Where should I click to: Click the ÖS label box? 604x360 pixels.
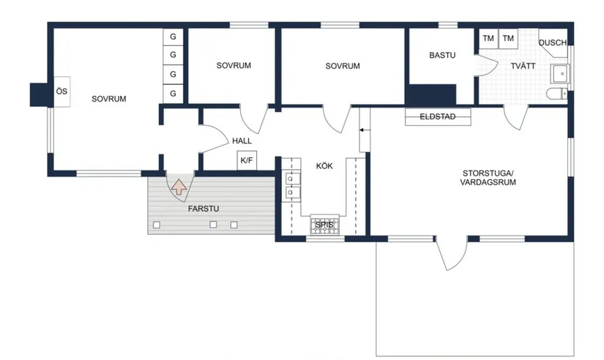(x=61, y=91)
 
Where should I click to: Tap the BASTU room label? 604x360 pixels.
(x=442, y=55)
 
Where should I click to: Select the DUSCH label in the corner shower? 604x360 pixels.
(x=552, y=42)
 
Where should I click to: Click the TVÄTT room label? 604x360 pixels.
(x=523, y=66)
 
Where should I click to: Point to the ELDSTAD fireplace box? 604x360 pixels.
(x=438, y=116)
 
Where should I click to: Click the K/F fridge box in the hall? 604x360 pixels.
(x=247, y=160)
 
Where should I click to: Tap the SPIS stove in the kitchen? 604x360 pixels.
(x=325, y=225)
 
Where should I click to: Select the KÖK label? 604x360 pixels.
(x=324, y=166)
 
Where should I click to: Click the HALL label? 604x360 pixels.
(x=242, y=141)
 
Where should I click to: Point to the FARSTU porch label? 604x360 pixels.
(x=204, y=209)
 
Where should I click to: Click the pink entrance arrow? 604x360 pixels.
(x=179, y=187)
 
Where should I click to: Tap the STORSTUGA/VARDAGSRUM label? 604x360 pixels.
(x=488, y=178)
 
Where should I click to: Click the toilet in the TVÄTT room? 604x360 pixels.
(x=556, y=94)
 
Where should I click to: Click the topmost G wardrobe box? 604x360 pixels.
(x=173, y=37)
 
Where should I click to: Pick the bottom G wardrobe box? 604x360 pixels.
(x=173, y=94)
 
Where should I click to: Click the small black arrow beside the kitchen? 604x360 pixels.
(x=362, y=130)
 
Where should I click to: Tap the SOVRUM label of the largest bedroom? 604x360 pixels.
(x=108, y=99)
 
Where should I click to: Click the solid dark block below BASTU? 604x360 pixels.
(x=431, y=94)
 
